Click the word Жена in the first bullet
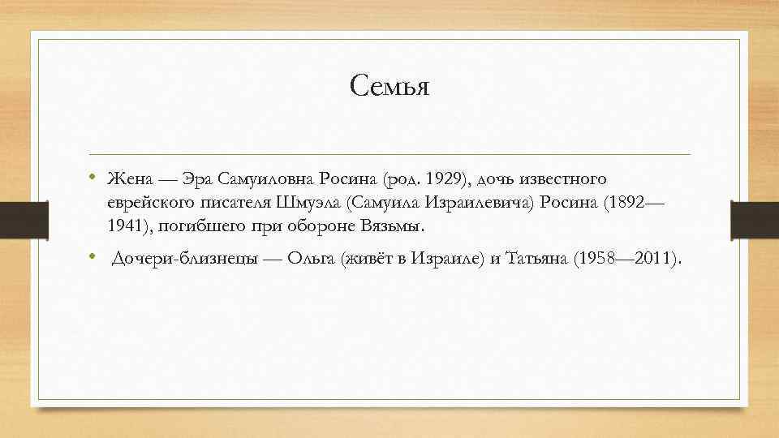pos(127,178)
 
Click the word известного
pos(561,178)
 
